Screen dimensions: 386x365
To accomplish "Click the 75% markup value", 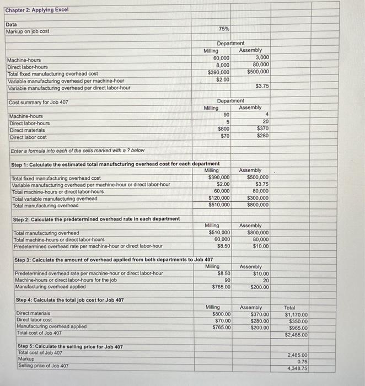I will point(224,28).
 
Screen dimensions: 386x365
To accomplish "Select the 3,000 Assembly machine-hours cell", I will point(262,57).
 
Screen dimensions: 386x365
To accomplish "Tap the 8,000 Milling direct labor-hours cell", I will point(223,65).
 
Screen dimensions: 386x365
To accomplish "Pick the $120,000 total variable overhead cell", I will point(219,199).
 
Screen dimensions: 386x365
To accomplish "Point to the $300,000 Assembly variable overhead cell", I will point(258,199).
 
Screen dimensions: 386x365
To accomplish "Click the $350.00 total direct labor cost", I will point(298,321).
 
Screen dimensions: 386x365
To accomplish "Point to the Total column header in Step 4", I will point(290,307).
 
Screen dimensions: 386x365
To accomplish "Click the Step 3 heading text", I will point(113,260).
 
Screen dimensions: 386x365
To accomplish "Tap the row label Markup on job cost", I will point(28,31).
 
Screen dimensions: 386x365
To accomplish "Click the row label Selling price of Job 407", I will point(44,366).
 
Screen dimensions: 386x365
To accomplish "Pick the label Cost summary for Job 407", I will point(39,103).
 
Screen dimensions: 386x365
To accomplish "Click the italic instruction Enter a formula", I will point(77,151).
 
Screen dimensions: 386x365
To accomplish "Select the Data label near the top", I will point(11,24).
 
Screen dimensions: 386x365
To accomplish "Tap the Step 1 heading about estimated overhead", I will point(116,164).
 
